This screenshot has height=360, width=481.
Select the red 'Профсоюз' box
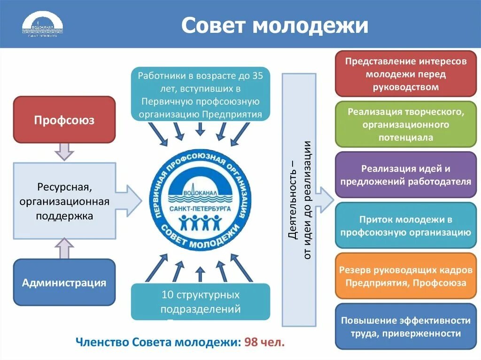coord(64,120)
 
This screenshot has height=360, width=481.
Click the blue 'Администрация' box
coord(64,282)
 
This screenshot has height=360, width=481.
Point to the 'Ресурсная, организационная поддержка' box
coord(64,200)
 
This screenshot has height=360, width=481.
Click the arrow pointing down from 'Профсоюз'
coord(64,152)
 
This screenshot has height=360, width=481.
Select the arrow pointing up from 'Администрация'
coord(64,248)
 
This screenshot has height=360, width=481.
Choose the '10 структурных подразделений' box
coord(201,302)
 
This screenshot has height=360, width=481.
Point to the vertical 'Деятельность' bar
coord(299,199)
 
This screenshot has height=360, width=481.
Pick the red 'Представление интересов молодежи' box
coord(406,74)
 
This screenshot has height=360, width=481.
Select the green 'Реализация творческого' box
coord(406,124)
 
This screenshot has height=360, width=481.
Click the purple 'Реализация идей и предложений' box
coord(406,175)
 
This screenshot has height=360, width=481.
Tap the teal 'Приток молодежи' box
coord(406,225)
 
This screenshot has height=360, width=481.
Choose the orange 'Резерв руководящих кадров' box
coord(406,276)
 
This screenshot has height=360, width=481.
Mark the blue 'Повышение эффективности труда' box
coord(406,327)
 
